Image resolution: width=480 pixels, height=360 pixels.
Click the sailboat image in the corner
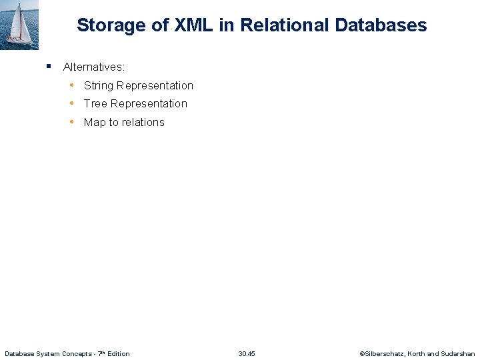(19, 25)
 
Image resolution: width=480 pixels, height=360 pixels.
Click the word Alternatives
(94, 67)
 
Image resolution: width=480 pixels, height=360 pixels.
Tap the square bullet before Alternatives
(49, 67)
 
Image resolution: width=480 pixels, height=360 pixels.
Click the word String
(99, 86)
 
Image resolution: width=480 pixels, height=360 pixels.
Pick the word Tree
(95, 104)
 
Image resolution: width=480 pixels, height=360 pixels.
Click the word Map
(95, 123)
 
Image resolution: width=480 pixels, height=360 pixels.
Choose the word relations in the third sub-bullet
(143, 123)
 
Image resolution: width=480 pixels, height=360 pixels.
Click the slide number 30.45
(247, 353)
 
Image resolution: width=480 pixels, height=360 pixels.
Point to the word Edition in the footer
(117, 353)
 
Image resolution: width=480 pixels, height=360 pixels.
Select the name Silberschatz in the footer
(383, 353)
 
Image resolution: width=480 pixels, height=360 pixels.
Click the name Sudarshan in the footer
(458, 353)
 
